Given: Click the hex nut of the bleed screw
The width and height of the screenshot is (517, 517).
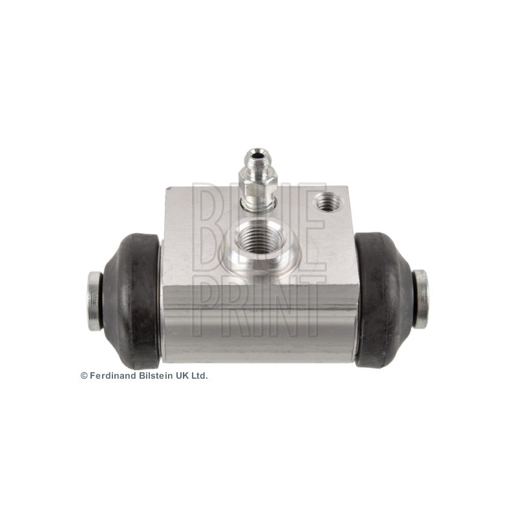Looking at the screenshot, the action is click(x=258, y=186).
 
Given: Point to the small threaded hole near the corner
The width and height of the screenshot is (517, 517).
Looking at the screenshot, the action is click(x=327, y=202).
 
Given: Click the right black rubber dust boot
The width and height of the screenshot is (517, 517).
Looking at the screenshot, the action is click(x=383, y=299).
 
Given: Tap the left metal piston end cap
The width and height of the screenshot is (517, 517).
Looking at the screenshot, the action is click(x=94, y=301).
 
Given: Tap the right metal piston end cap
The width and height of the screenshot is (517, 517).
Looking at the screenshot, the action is click(x=421, y=299).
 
